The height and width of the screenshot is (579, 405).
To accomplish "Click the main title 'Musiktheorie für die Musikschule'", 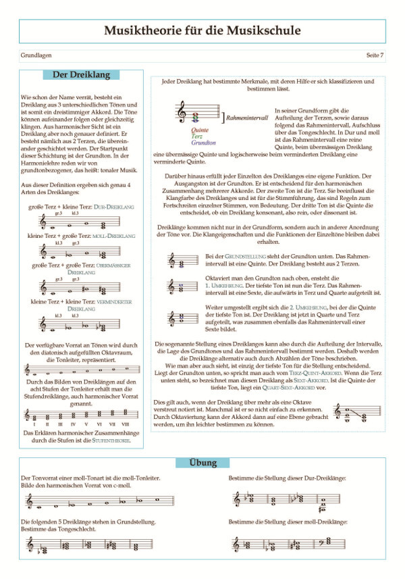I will (x=202, y=31).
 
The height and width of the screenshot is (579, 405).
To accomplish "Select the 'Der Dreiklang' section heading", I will (x=80, y=74).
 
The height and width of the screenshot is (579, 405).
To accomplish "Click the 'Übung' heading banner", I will (x=202, y=463).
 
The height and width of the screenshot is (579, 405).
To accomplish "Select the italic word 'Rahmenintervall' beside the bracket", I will (x=247, y=118).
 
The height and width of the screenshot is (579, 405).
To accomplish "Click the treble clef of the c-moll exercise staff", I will (x=29, y=501).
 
